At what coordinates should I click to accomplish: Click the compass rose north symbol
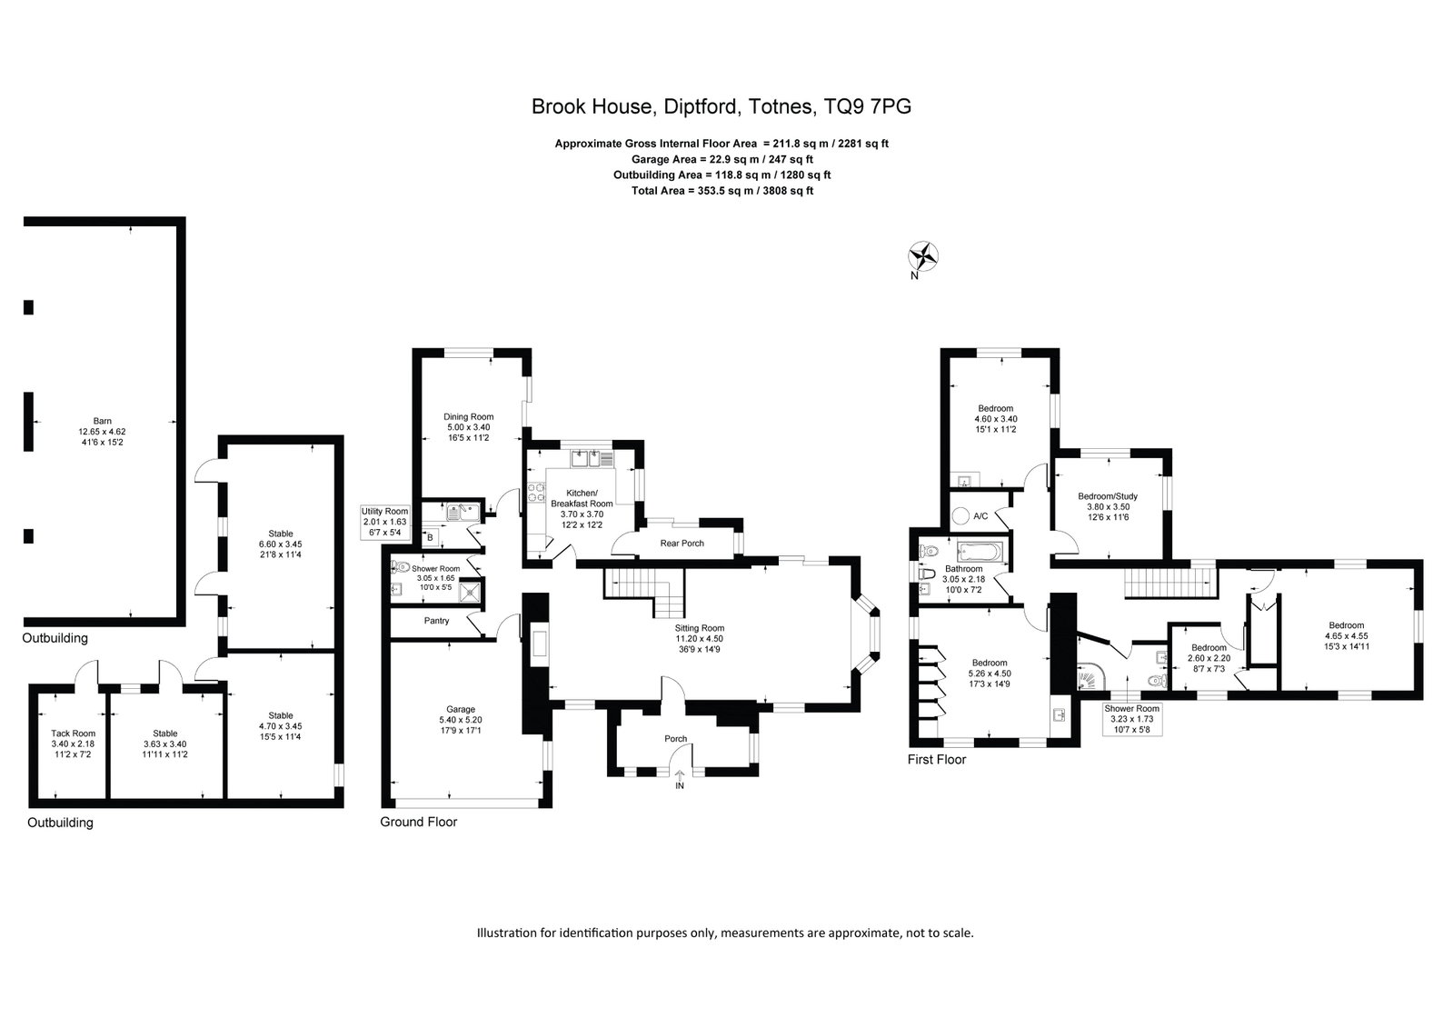[923, 256]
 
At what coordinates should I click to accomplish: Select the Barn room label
[103, 421]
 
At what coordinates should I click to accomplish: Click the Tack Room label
[74, 734]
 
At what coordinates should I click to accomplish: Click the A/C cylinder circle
[960, 516]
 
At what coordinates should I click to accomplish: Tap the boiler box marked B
[430, 537]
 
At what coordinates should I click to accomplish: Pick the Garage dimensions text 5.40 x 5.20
[461, 720]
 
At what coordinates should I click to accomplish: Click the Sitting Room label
[700, 628]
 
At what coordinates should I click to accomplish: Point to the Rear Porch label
[682, 544]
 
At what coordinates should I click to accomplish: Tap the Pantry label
[436, 621]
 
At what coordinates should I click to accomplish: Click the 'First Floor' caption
[937, 759]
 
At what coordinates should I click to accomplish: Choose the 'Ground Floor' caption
[418, 822]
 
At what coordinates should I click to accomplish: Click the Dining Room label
[468, 416]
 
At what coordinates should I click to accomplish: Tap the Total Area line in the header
[722, 191]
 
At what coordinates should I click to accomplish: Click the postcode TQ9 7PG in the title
[867, 106]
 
